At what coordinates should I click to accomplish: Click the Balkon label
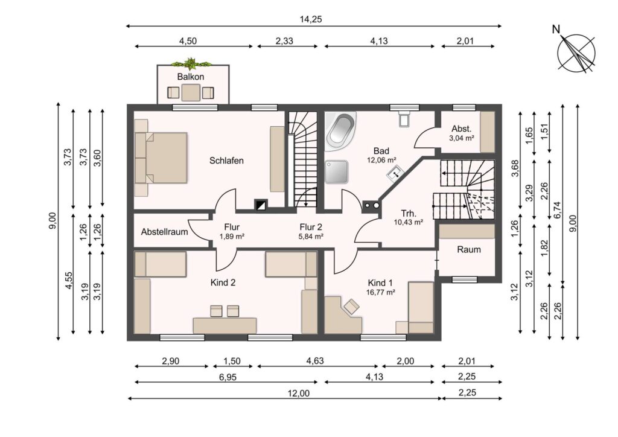[x=191, y=77]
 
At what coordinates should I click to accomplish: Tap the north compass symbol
[x=575, y=53]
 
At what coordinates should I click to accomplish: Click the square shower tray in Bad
[x=337, y=172]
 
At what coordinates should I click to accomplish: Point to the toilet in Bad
[x=404, y=118]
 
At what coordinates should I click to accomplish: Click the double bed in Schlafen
[x=161, y=158]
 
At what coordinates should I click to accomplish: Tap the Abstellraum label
[x=164, y=232]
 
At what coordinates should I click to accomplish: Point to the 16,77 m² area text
[x=380, y=292]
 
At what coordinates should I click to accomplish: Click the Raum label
[x=468, y=249]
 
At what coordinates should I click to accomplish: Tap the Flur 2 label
[x=311, y=227]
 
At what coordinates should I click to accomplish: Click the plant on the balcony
[x=191, y=63]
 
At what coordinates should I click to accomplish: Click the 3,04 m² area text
[x=461, y=138]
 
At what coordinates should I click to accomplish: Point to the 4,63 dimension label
[x=315, y=361]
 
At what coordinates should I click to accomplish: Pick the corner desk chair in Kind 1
[x=351, y=306]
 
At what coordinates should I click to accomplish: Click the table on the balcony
[x=191, y=93]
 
